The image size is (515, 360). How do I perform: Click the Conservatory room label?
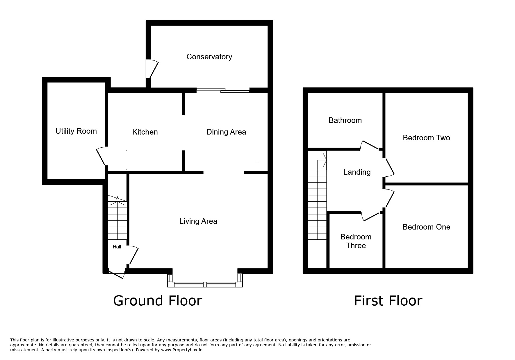point(209,57)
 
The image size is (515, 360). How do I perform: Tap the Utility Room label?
point(76,131)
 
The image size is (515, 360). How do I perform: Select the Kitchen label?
point(145,132)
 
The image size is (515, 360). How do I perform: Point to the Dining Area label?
point(226,132)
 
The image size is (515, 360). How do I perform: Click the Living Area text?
point(198,221)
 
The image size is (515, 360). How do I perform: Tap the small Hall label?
point(117,247)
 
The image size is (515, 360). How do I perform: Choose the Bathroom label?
point(345,120)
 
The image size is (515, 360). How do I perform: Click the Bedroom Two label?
point(426,138)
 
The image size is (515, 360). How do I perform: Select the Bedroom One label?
point(426,227)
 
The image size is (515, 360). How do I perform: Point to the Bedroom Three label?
point(356,241)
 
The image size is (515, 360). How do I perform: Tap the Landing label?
point(357,172)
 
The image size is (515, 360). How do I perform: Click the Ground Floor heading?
point(157,301)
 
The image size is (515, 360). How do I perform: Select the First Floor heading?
point(388,301)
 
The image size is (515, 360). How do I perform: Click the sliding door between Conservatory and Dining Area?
point(223,90)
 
